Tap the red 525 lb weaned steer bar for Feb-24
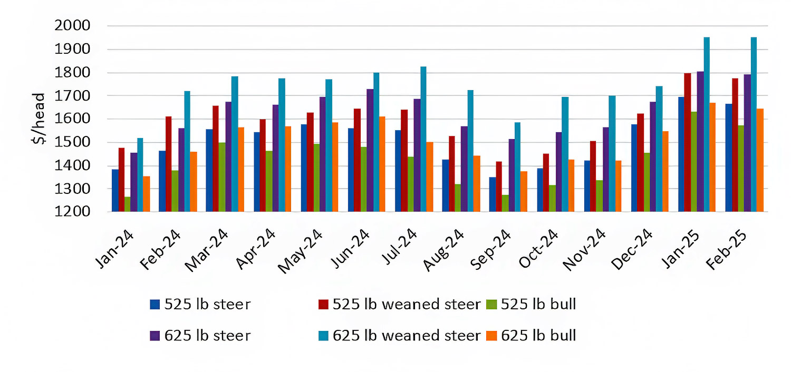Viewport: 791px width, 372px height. click(x=168, y=164)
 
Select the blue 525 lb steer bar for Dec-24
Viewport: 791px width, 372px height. click(x=634, y=168)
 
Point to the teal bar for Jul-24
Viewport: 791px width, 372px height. click(x=423, y=139)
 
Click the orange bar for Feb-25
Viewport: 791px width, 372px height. click(x=760, y=160)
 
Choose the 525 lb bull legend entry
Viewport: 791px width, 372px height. click(x=538, y=304)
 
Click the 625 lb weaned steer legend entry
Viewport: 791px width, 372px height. click(x=406, y=336)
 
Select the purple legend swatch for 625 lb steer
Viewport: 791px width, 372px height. click(x=155, y=336)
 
